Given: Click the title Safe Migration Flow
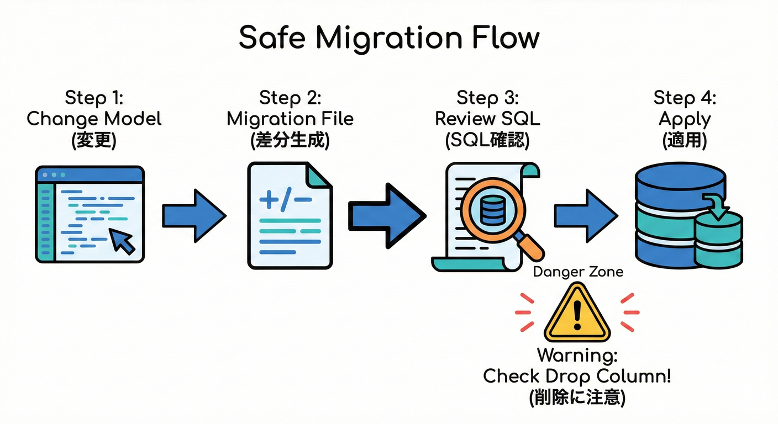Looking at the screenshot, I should click(388, 38).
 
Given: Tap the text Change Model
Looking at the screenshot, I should click(94, 119).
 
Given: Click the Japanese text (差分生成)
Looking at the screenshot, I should click(290, 140).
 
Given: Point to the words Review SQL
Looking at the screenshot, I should click(487, 119).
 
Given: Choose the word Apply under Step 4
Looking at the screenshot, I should click(685, 119).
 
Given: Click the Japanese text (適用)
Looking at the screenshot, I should click(685, 140).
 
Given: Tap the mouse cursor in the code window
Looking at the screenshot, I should click(123, 241).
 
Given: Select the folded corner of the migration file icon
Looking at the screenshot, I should click(320, 176).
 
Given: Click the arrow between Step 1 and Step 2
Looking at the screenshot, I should click(194, 216).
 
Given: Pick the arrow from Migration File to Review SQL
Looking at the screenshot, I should click(387, 216).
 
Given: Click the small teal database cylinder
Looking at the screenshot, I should click(718, 242).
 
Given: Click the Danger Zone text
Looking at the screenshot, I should click(577, 272).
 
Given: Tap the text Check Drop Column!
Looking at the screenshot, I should click(577, 376).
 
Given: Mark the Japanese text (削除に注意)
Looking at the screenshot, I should click(577, 397).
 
